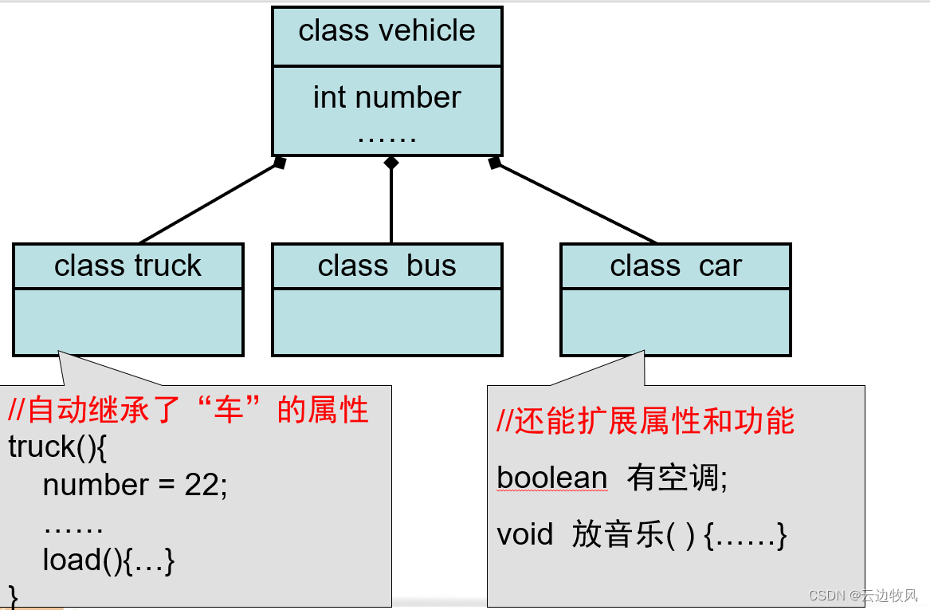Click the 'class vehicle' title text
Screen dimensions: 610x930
click(x=387, y=31)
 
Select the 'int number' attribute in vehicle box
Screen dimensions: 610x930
click(x=387, y=98)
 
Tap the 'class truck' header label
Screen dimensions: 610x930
click(x=128, y=266)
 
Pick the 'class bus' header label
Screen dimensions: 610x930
click(x=387, y=266)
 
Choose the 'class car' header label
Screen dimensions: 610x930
click(x=676, y=266)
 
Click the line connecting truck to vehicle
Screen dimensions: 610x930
click(x=209, y=203)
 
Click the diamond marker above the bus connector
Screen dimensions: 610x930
click(x=390, y=163)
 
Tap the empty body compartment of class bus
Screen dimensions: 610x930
click(x=387, y=321)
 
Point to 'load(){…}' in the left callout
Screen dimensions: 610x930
click(x=108, y=560)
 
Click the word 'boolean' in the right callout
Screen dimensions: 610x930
click(x=551, y=478)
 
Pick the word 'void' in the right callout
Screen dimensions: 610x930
click(x=524, y=534)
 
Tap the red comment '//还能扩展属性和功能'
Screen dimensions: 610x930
click(x=646, y=421)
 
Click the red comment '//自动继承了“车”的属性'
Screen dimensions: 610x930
click(x=189, y=410)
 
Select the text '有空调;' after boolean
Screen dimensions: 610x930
click(x=677, y=478)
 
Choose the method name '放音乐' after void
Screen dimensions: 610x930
click(x=618, y=534)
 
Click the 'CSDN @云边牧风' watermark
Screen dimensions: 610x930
click(x=863, y=596)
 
